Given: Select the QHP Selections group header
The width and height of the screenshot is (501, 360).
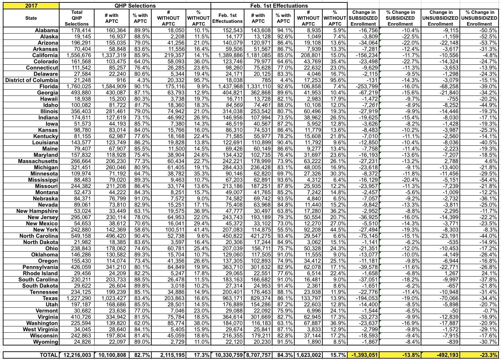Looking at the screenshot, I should pyautogui.click(x=135, y=6).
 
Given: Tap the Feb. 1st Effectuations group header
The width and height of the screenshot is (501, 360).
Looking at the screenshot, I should pyautogui.click(x=279, y=6).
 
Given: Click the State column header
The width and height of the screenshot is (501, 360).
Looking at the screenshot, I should pyautogui.click(x=31, y=18).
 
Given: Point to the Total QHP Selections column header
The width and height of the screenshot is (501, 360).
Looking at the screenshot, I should pyautogui.click(x=77, y=18).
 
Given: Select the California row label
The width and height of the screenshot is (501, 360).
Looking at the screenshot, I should pyautogui.click(x=45, y=55).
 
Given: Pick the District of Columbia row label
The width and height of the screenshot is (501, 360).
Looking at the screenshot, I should pyautogui.click(x=32, y=80).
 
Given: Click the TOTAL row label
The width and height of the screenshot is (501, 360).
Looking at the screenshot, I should pyautogui.click(x=48, y=355).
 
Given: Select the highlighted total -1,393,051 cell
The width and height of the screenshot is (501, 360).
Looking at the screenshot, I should pyautogui.click(x=364, y=355).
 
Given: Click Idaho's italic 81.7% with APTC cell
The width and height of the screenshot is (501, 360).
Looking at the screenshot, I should pyautogui.click(x=140, y=105).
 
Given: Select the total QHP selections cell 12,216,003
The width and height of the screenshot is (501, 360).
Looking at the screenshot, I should pyautogui.click(x=77, y=355).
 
